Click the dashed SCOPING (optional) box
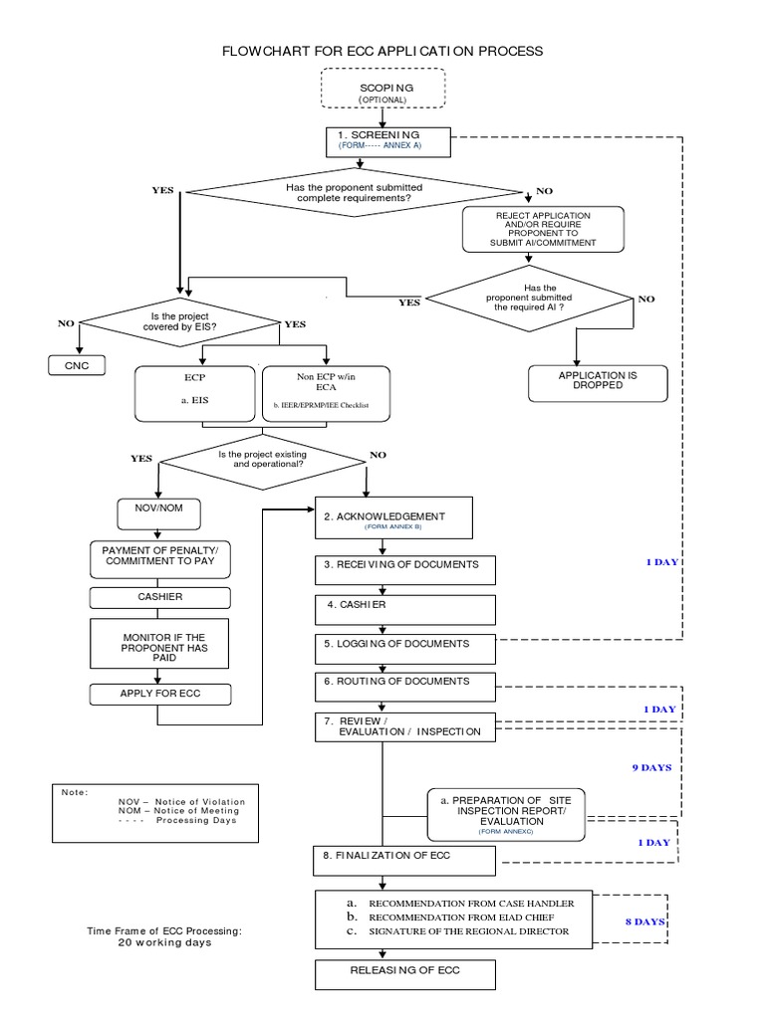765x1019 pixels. tap(383, 89)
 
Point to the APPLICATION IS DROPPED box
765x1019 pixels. tap(598, 380)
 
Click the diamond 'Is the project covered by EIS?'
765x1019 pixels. tap(179, 321)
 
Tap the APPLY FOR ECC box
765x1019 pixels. tap(160, 694)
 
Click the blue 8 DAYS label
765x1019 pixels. tap(644, 921)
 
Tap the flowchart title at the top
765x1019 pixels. tap(382, 50)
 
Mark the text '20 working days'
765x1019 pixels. tap(164, 942)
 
